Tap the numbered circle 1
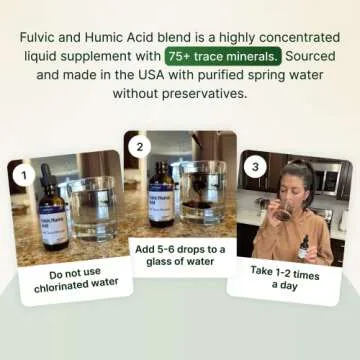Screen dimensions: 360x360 20,177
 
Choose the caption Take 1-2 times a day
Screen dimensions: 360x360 289,278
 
